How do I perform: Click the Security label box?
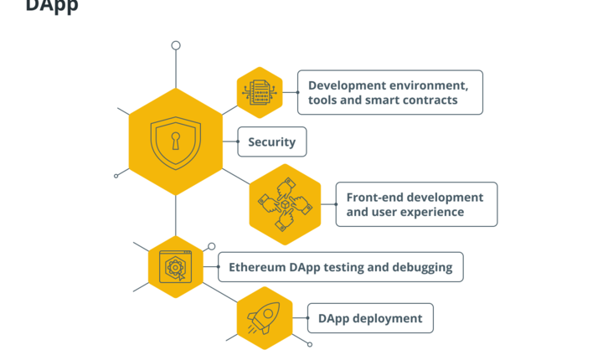(x=272, y=142)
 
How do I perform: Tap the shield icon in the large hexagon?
(x=176, y=142)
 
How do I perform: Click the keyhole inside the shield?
(x=176, y=140)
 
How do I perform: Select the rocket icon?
(x=264, y=318)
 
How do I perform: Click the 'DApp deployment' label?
(x=369, y=318)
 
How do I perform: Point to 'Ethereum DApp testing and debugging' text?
(x=340, y=267)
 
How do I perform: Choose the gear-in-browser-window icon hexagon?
(x=176, y=267)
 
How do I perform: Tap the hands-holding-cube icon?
(x=285, y=204)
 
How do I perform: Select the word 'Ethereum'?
(x=256, y=267)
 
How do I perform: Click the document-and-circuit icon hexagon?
(x=260, y=91)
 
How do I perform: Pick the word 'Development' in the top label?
(x=348, y=85)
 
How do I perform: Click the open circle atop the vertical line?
(x=176, y=45)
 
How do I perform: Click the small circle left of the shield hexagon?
(x=116, y=176)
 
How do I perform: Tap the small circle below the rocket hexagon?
(x=310, y=345)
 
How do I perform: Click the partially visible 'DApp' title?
(x=52, y=6)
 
